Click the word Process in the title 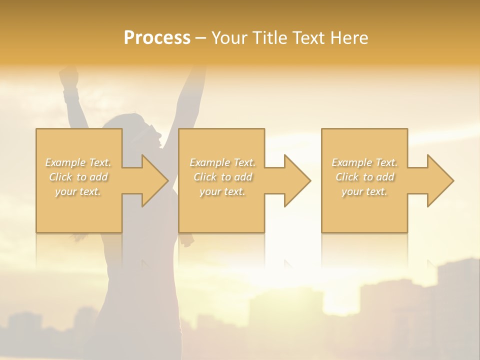click(x=157, y=38)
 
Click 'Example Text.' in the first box click(x=78, y=162)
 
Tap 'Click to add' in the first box click(x=78, y=177)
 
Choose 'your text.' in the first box click(x=78, y=191)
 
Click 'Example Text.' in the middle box click(x=222, y=162)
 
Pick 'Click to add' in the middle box click(x=222, y=177)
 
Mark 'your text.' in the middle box click(x=222, y=191)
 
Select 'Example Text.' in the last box click(x=364, y=162)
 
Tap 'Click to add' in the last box click(x=364, y=177)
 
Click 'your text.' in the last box click(x=364, y=191)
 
